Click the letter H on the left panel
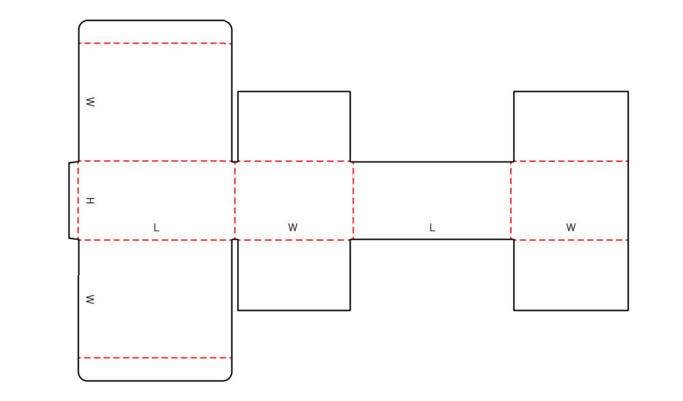[90, 201]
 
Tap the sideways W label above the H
[90, 102]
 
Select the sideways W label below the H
[90, 299]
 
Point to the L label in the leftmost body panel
[156, 227]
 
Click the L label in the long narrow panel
[432, 227]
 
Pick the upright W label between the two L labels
[293, 227]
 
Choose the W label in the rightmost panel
[571, 227]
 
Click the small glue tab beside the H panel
[74, 201]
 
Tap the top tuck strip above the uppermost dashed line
[155, 32]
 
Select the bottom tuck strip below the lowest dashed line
[155, 370]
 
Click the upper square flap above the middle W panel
[294, 126]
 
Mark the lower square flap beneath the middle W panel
[294, 275]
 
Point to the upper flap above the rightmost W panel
[571, 126]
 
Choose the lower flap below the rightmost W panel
[571, 275]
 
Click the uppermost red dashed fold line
[155, 44]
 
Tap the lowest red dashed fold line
[155, 358]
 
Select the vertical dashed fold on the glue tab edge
[79, 201]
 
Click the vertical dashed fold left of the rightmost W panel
[511, 201]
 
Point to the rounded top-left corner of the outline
[81, 23]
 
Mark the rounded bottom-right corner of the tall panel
[229, 378]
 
